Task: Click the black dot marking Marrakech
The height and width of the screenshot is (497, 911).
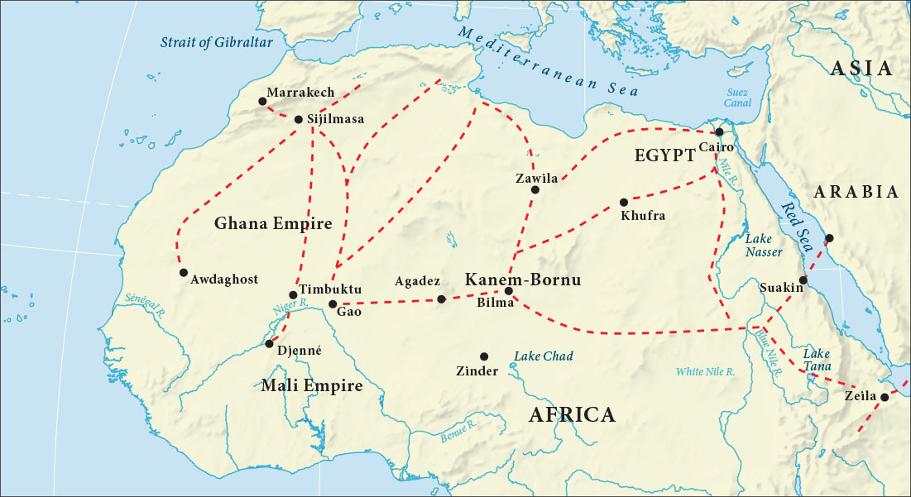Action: point(262,101)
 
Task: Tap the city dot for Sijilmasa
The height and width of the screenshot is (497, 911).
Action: point(299,119)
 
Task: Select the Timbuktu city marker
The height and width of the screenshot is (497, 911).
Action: point(293,295)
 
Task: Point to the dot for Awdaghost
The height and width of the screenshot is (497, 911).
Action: point(183,273)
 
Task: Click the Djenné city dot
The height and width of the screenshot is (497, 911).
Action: point(269,344)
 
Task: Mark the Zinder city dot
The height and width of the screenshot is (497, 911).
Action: point(484,356)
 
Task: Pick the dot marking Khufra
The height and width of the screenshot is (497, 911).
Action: point(624,202)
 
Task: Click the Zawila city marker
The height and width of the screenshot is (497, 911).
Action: point(535,189)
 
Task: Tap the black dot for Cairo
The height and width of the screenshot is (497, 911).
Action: point(720,131)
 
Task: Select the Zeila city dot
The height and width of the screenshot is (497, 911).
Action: point(884,398)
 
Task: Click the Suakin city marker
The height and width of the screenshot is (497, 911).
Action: point(803,280)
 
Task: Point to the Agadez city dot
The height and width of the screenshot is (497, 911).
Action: point(441,299)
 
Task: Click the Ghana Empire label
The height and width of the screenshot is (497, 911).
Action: point(273,223)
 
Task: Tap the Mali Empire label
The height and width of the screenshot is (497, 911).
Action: point(312,385)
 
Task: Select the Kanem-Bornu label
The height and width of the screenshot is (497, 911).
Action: point(523,280)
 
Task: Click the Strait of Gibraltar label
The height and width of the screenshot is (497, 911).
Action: point(217,42)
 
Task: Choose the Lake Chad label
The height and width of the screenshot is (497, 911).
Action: point(544,356)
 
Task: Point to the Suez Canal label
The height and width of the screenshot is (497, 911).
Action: point(736,98)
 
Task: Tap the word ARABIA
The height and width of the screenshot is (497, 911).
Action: point(856,192)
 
